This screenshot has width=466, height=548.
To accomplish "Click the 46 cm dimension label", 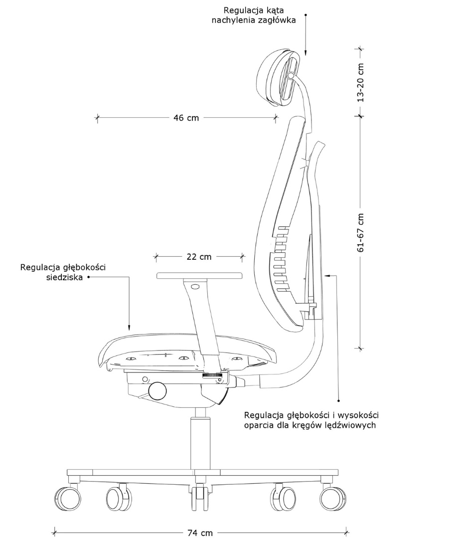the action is (186, 118).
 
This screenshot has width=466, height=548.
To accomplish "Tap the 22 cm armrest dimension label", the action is (199, 257).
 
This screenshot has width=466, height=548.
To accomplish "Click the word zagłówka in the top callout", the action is (277, 20).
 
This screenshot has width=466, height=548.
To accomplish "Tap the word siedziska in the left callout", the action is (65, 278).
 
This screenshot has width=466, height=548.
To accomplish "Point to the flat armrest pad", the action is (199, 276).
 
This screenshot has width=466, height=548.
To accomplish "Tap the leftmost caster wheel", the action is (68, 498).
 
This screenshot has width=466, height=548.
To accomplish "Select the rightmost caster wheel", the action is (333, 498).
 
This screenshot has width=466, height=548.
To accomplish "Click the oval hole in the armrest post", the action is (195, 287).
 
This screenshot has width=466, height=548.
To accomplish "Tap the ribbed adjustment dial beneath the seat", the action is (212, 375).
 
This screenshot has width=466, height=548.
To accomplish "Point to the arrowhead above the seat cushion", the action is (129, 328).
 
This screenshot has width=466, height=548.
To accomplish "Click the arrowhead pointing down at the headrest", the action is (306, 52).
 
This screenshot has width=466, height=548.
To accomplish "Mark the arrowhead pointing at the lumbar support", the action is (327, 276).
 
